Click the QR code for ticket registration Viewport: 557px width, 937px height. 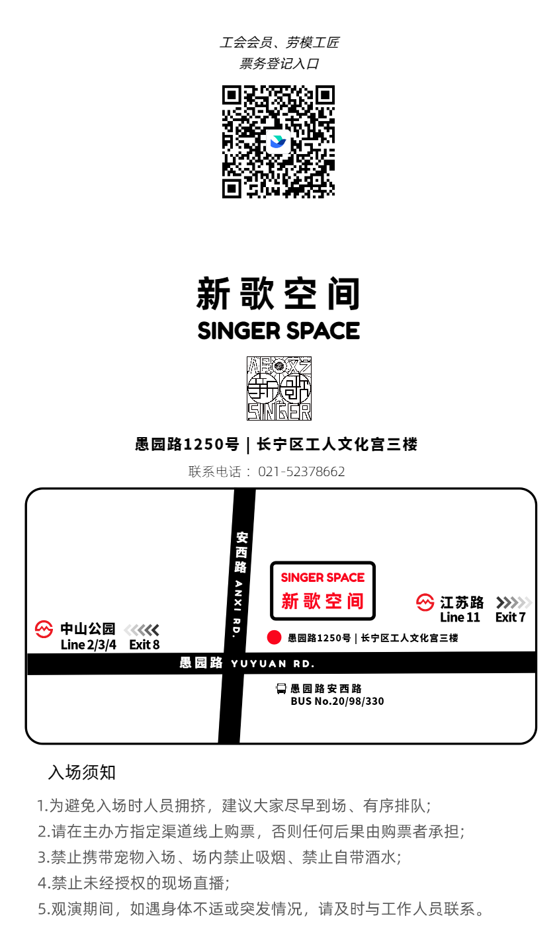278,142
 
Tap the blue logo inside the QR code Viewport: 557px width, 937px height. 278,142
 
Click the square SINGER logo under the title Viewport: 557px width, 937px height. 279,388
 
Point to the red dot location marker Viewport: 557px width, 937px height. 274,637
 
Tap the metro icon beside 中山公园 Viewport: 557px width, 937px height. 44,629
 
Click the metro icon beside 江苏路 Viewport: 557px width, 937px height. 424,602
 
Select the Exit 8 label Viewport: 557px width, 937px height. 144,645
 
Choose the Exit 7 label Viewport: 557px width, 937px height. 511,618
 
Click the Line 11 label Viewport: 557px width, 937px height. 459,618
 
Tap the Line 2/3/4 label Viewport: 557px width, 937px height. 88,645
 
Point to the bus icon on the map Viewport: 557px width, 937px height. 282,689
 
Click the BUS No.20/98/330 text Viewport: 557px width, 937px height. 337,701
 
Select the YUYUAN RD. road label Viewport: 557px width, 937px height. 273,663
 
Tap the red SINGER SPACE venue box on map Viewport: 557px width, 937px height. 323,591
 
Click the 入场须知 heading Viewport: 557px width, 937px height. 82,772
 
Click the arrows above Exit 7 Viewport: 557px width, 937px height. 513,602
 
